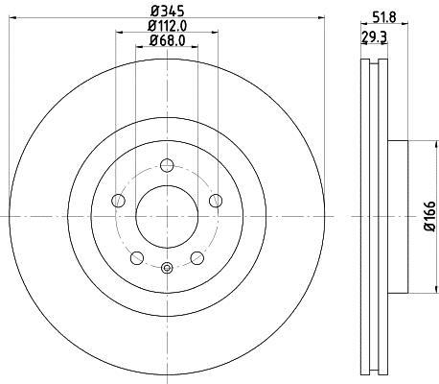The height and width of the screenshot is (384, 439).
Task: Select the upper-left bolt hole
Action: pyautogui.click(x=119, y=200)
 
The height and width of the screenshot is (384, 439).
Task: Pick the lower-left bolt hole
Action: pyautogui.click(x=136, y=256)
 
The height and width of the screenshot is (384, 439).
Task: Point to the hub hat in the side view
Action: pyautogui.click(x=398, y=215)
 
